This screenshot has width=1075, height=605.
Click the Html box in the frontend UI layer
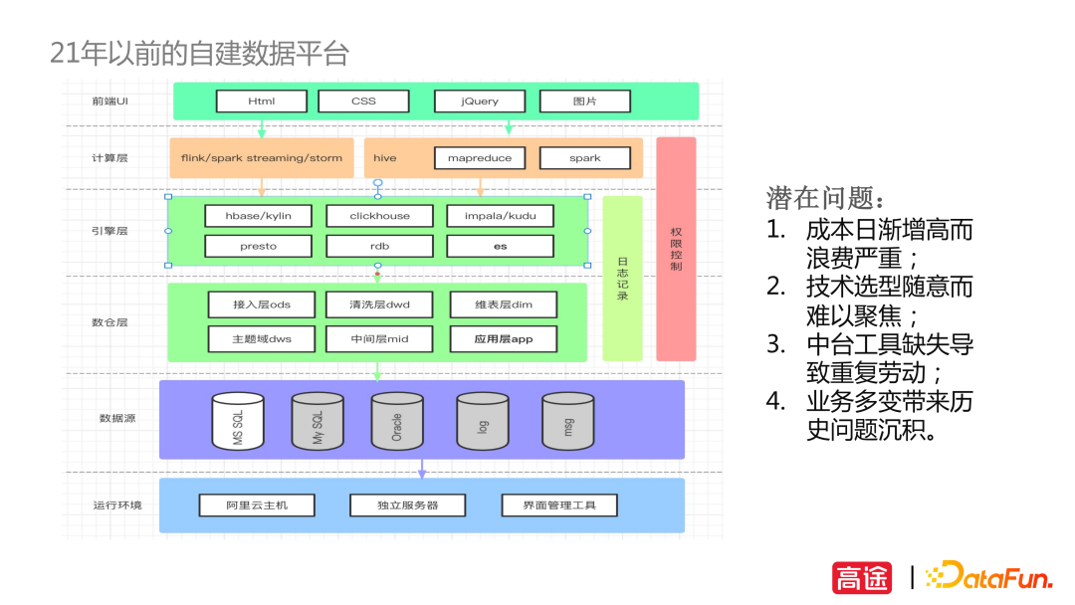tap(261, 101)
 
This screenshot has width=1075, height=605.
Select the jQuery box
tap(480, 101)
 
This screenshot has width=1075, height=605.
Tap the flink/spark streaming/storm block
tap(262, 158)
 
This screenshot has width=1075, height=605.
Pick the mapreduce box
tap(480, 158)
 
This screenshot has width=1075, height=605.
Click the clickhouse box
tap(379, 216)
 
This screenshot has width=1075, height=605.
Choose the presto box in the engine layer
tap(258, 246)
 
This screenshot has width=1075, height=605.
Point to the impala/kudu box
tap(500, 216)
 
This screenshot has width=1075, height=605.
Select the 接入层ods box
tap(262, 304)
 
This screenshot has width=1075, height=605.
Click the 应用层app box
tap(504, 338)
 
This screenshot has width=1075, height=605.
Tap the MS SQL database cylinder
tap(238, 421)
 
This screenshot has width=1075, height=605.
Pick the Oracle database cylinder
tap(397, 421)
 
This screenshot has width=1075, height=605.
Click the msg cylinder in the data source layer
tap(567, 421)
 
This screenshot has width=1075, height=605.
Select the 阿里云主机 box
tap(257, 505)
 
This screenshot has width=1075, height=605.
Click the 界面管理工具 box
tap(559, 505)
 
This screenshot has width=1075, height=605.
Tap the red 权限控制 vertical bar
tap(676, 249)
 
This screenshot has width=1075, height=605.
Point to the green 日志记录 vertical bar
tap(622, 279)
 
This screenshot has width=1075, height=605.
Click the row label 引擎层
tap(109, 232)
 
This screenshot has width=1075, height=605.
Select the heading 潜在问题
tap(824, 197)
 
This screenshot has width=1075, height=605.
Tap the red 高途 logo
tap(862, 577)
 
